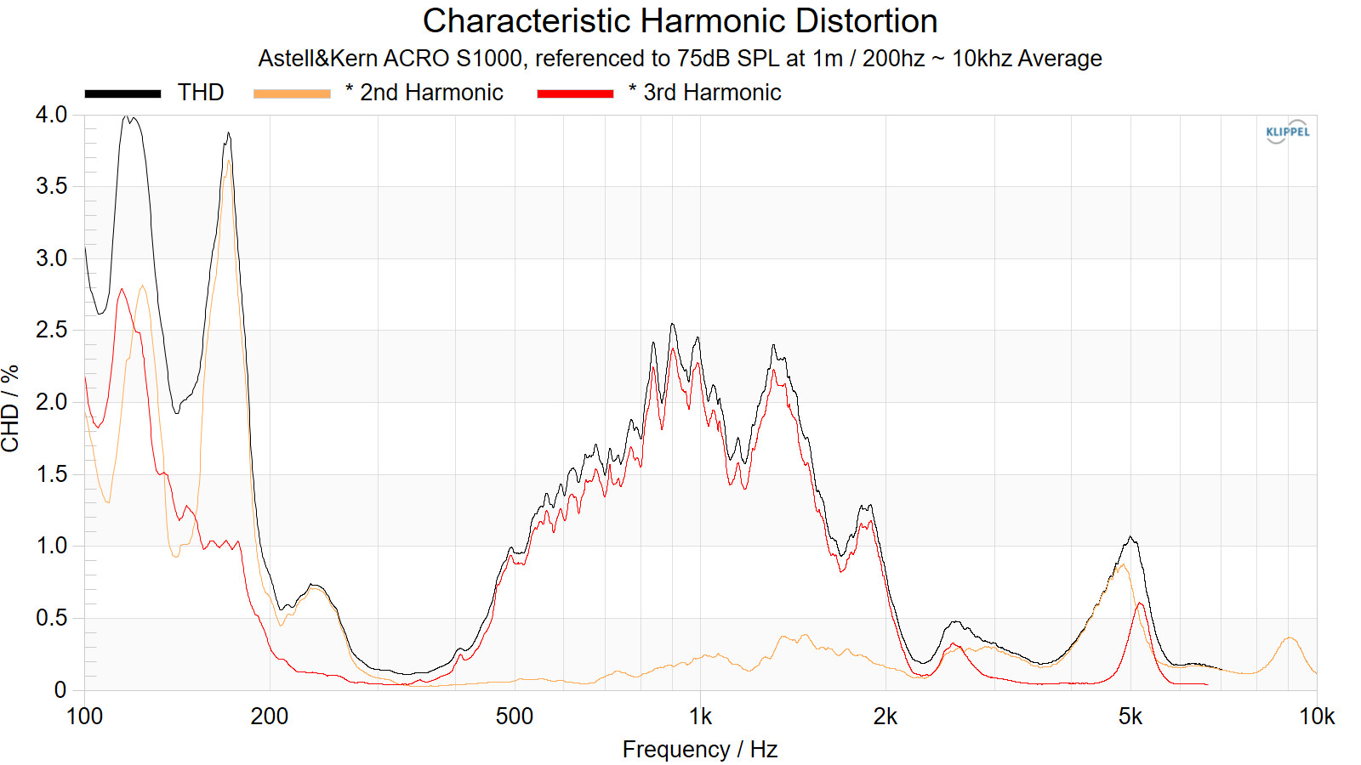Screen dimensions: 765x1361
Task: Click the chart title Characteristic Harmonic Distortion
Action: pos(680,21)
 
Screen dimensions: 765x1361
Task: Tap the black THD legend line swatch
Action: pos(122,93)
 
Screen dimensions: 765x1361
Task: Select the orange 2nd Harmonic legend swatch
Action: pos(292,93)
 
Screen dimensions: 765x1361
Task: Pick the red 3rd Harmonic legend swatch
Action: pos(575,93)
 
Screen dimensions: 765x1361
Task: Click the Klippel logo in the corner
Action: pos(1288,132)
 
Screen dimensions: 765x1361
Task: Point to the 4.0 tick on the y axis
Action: pos(51,115)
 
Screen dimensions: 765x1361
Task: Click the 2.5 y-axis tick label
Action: pos(51,330)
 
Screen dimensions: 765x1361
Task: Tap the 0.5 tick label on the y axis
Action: pos(51,618)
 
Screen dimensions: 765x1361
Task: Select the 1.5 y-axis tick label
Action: pos(51,474)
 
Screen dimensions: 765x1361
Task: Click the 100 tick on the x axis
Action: pos(84,717)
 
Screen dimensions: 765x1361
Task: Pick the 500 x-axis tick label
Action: pos(515,717)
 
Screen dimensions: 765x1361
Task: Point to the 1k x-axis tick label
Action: pos(700,717)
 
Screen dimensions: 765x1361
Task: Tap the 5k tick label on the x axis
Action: pos(1130,717)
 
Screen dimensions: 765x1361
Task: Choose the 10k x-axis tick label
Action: pos(1317,717)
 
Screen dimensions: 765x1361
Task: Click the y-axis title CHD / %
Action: pos(10,408)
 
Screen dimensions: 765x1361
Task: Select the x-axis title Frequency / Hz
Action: pos(700,750)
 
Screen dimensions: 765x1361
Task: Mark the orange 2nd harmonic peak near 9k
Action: pos(1290,638)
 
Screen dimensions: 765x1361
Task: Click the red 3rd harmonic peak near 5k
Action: pos(1140,604)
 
